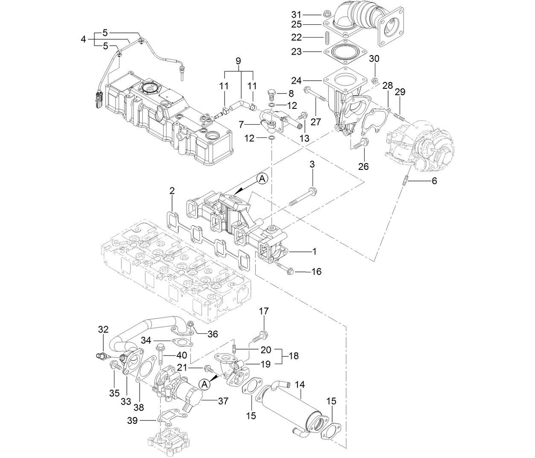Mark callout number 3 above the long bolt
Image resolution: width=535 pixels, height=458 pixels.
point(312,164)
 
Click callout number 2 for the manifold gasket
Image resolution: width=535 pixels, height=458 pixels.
point(172,191)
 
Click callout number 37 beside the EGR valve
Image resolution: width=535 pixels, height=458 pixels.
point(223,401)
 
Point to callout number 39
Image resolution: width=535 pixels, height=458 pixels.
point(132,420)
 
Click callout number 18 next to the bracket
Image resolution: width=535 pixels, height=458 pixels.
point(293,356)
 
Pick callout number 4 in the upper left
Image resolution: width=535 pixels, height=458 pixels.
point(84,40)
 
